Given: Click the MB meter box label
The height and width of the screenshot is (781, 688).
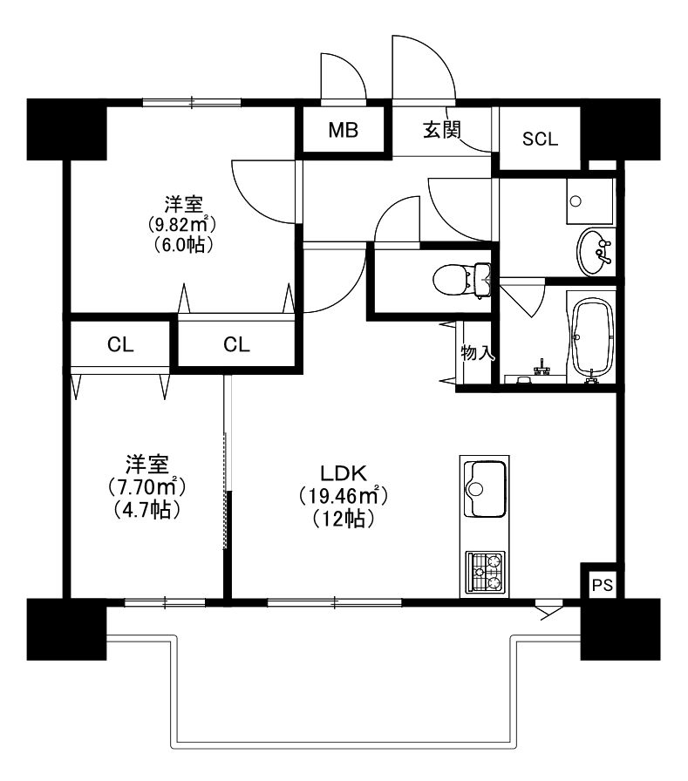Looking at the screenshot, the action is tap(344, 130).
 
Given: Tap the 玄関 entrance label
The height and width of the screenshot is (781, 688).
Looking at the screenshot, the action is tap(441, 130).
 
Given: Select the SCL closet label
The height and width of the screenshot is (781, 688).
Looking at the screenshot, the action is tap(540, 139).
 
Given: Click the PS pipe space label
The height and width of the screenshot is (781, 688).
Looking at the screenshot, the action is tap(603, 585).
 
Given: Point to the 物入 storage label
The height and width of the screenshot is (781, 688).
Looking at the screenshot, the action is tap(477, 353).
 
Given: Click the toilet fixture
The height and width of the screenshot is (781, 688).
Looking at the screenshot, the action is tap(462, 280).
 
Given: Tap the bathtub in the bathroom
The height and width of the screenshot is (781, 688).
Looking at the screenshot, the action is tap(591, 340).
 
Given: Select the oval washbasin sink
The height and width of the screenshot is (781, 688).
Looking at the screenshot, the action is tap(595, 252).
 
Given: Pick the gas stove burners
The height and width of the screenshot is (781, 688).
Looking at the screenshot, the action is tap(485, 572).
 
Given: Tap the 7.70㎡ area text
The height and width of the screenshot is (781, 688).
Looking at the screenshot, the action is tap(146, 486).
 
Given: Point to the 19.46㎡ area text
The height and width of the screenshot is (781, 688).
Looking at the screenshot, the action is tap(344, 496).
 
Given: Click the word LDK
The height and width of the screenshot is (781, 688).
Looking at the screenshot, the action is tap(344, 472).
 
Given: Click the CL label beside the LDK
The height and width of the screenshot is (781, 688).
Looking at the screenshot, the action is tap(236, 344).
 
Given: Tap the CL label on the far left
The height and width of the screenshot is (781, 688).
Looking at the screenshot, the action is tap(120, 344).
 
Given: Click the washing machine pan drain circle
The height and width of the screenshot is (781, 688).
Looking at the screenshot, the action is tap(576, 201).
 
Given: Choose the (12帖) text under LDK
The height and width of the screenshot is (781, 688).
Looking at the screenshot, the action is tap(344, 519).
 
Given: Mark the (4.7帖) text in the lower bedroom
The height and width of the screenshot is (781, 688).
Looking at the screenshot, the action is tap(146, 510).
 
